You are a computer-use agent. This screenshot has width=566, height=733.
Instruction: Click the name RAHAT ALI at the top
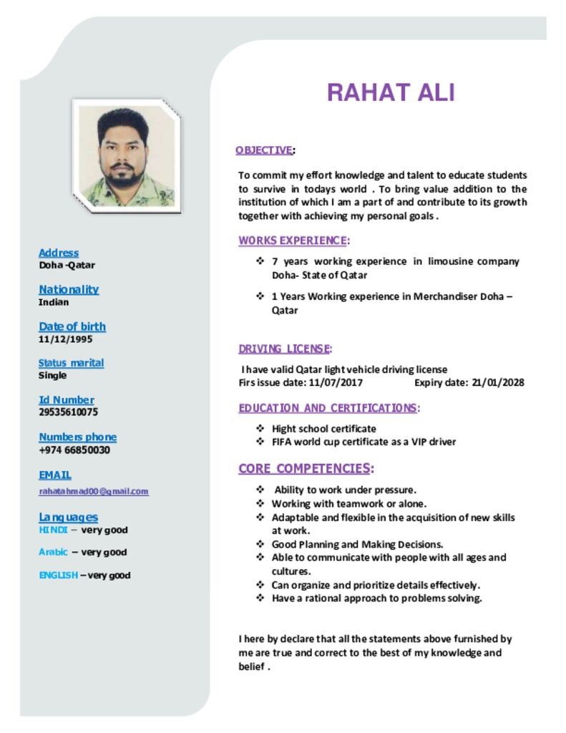[x=390, y=93]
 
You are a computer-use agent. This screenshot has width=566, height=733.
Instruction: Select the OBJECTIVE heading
[x=264, y=150]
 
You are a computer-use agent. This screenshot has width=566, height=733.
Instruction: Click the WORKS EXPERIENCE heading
[x=293, y=240]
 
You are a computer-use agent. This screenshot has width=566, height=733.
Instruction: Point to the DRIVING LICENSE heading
[x=284, y=349]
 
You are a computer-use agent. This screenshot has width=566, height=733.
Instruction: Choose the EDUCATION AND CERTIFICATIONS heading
[x=328, y=408]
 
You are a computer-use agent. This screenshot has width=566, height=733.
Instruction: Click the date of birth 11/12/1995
[x=65, y=339]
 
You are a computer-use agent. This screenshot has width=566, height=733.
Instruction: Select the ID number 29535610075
[x=68, y=412]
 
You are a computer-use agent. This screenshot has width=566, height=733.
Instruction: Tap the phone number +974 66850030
[x=74, y=450]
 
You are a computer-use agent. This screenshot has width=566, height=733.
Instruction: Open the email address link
[x=94, y=491]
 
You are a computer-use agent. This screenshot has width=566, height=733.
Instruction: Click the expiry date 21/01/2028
[x=498, y=382]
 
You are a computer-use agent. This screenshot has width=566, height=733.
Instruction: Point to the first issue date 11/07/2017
[x=336, y=382]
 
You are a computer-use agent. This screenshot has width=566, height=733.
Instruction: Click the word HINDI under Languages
[x=53, y=530]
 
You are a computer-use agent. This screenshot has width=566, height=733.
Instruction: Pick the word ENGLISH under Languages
[x=58, y=575]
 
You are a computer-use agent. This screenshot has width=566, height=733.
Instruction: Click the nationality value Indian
[x=54, y=301]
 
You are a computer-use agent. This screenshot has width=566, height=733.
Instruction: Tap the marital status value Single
[x=52, y=375]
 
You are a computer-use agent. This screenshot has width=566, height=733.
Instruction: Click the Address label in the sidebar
[x=59, y=253]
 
